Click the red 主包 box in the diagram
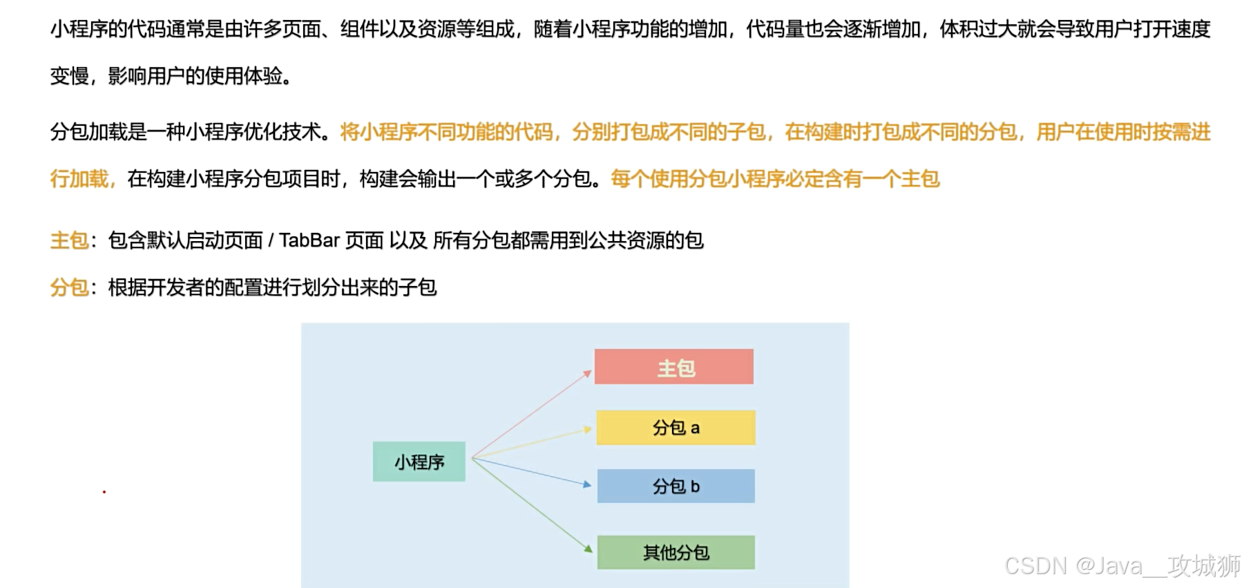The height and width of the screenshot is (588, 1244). click(673, 367)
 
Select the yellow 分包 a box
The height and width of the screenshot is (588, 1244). click(676, 428)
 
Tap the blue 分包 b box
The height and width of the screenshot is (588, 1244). click(676, 486)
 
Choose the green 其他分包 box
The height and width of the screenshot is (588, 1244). click(676, 553)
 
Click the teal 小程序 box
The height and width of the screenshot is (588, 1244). click(419, 462)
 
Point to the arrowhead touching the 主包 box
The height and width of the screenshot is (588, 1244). click(588, 374)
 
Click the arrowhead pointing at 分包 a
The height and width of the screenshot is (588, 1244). click(588, 429)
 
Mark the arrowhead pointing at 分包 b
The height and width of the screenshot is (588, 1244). click(588, 485)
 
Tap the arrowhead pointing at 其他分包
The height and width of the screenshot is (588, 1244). click(588, 549)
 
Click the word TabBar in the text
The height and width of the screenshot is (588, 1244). click(309, 240)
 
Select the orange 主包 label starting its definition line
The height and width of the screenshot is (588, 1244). click(69, 240)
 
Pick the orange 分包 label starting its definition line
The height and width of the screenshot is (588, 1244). click(69, 287)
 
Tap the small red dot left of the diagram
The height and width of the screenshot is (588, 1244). click(104, 492)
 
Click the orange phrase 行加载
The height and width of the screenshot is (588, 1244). click(79, 179)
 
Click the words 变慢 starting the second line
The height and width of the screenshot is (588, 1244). click(69, 75)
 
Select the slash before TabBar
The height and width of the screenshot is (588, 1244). click(271, 240)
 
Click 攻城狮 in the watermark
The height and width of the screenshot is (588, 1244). click(1204, 566)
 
